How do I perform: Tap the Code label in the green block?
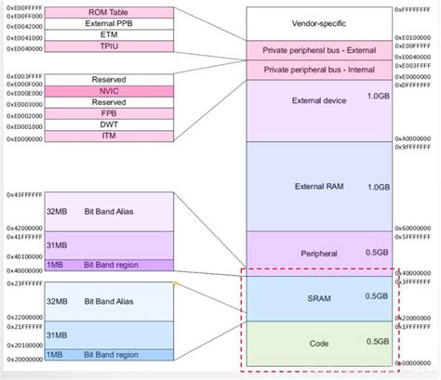(x=319, y=344)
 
